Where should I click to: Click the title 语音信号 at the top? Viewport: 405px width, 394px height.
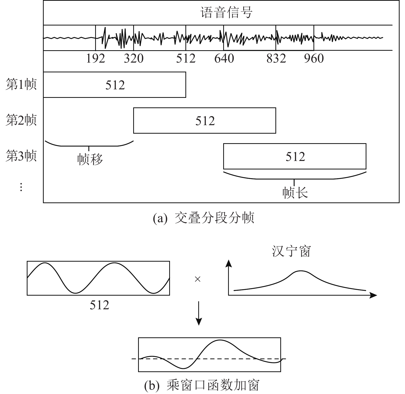pos(226,13)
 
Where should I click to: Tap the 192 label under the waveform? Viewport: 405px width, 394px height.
pos(95,59)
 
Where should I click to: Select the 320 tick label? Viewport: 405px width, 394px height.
pos(133,59)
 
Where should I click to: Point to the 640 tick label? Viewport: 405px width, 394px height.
pos(224,59)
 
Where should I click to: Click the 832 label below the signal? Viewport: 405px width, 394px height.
pos(276,59)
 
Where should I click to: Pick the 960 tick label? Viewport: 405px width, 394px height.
pos(314,59)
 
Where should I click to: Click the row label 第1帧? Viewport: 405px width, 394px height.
pos(21,84)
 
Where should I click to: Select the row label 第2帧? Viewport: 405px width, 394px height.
pos(21,120)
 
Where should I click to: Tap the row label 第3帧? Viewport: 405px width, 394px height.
pos(21,156)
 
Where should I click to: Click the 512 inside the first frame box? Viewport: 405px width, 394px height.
pos(115,85)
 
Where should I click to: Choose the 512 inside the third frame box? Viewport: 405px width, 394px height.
pos(295,157)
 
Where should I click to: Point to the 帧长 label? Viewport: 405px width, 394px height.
pos(295,192)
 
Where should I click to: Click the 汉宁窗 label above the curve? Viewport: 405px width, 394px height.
pos(291,251)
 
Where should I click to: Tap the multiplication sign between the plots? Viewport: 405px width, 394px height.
pos(197,279)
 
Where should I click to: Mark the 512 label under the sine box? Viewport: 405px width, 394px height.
pos(99,305)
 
